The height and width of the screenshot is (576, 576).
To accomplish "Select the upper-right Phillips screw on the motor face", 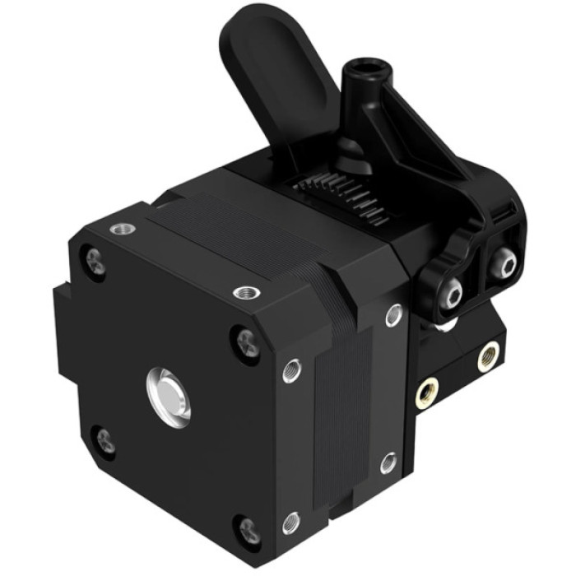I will click(244, 337).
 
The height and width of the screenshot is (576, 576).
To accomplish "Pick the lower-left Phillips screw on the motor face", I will click(105, 442).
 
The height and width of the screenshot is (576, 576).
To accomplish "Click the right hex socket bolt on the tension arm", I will click(503, 264).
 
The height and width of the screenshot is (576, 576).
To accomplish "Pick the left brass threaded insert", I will click(425, 393).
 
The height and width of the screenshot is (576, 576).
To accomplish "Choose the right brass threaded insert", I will click(488, 355).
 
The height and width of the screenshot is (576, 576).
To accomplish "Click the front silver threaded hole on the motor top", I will click(245, 292).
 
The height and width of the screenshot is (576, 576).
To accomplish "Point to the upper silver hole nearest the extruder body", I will click(393, 314).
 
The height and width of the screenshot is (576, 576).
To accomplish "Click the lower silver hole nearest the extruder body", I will click(388, 463).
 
